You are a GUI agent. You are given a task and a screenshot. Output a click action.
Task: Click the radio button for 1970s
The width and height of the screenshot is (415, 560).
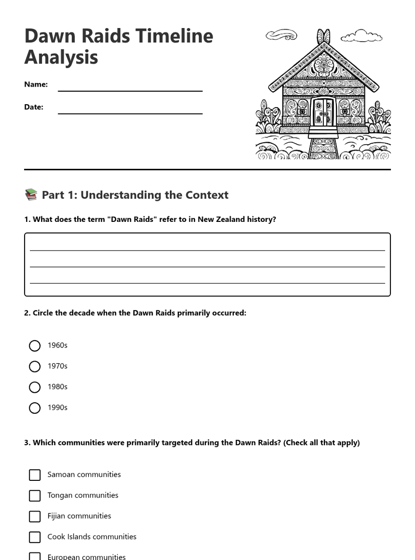[35, 367]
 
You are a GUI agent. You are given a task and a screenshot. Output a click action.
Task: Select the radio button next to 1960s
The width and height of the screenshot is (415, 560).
[35, 346]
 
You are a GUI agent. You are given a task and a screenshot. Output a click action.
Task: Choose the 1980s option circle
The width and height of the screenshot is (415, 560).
[35, 387]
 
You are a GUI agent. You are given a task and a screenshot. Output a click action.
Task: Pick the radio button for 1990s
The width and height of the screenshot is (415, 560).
[35, 408]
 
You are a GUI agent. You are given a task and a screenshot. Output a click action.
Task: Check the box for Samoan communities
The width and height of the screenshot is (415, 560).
[35, 475]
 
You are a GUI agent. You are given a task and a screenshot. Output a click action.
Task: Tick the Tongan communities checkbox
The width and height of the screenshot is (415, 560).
[35, 495]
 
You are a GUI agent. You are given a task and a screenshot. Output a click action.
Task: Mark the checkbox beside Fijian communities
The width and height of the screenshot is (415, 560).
[35, 516]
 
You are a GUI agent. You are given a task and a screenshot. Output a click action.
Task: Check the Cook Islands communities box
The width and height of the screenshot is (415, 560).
[35, 537]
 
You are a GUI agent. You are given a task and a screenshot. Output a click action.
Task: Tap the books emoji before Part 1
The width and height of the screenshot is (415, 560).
[31, 194]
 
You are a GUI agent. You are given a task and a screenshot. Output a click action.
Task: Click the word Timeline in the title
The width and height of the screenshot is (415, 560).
[174, 36]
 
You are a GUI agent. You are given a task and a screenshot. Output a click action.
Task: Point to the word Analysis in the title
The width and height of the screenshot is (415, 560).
[61, 57]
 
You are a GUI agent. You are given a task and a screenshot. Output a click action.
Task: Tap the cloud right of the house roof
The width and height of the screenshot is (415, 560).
[361, 36]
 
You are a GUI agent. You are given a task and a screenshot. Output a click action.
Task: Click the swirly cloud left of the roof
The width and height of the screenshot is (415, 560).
[281, 35]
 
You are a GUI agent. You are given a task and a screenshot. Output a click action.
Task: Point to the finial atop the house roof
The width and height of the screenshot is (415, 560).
[324, 37]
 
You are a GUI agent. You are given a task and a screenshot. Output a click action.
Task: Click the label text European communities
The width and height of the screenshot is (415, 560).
[86, 556]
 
